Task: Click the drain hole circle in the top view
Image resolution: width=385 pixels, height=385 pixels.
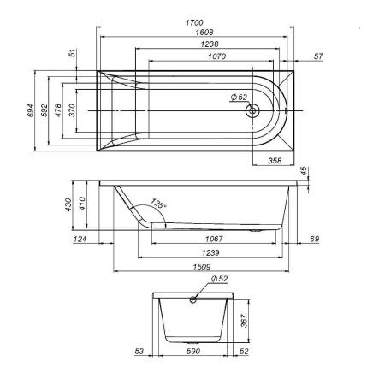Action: pos(253,110)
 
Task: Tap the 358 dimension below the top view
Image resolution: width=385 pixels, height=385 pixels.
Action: pos(274,160)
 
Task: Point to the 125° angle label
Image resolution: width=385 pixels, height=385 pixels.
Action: pos(158,204)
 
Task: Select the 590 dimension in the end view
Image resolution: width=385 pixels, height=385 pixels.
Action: pos(192,351)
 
